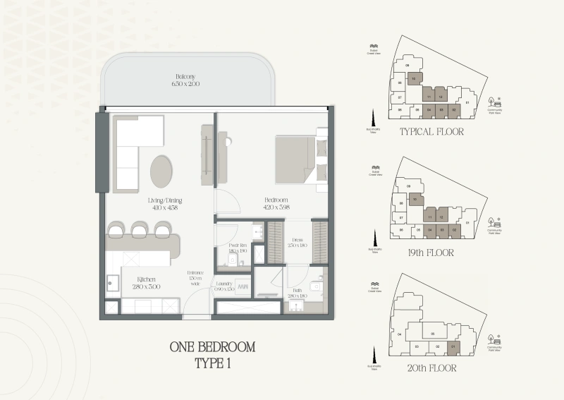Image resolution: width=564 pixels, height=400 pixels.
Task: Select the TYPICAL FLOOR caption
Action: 431,133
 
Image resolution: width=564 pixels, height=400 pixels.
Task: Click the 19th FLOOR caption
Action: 431,253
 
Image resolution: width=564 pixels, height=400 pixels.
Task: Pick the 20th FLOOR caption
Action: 431,368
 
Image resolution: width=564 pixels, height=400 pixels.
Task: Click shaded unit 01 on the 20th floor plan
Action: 454,346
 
